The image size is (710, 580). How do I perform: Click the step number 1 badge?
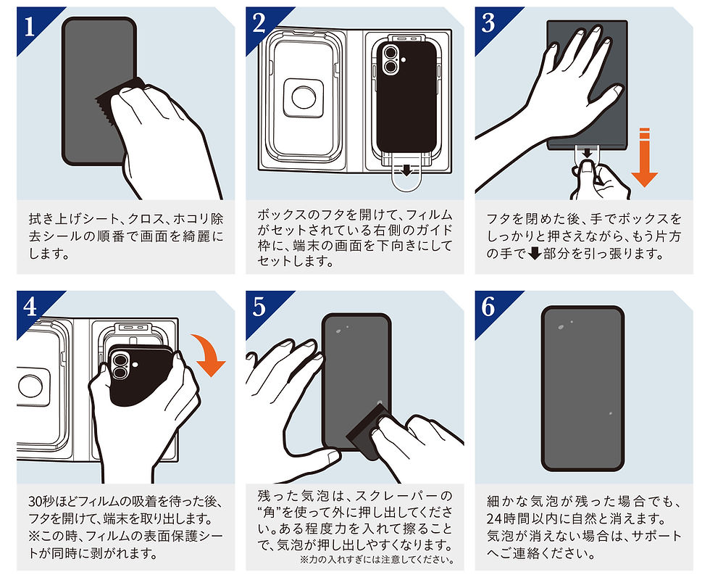[30, 26]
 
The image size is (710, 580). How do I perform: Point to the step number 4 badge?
[30, 307]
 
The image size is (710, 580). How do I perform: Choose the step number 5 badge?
[259, 307]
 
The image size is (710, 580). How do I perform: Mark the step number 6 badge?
[488, 307]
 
